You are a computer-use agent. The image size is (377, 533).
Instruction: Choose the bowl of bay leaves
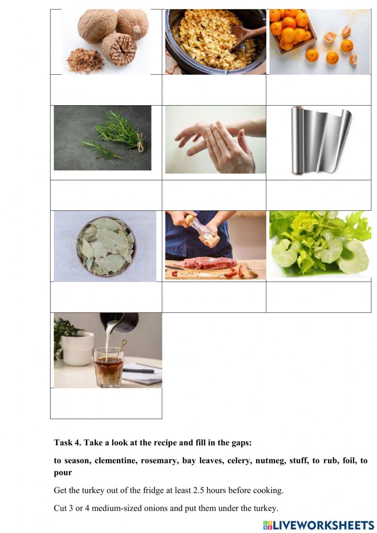tap(105, 246)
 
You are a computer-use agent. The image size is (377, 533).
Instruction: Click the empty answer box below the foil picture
tap(319, 195)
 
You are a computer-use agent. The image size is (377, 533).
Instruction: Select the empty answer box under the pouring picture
tap(106, 403)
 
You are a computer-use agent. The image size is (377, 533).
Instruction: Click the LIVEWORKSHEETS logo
tap(319, 525)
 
